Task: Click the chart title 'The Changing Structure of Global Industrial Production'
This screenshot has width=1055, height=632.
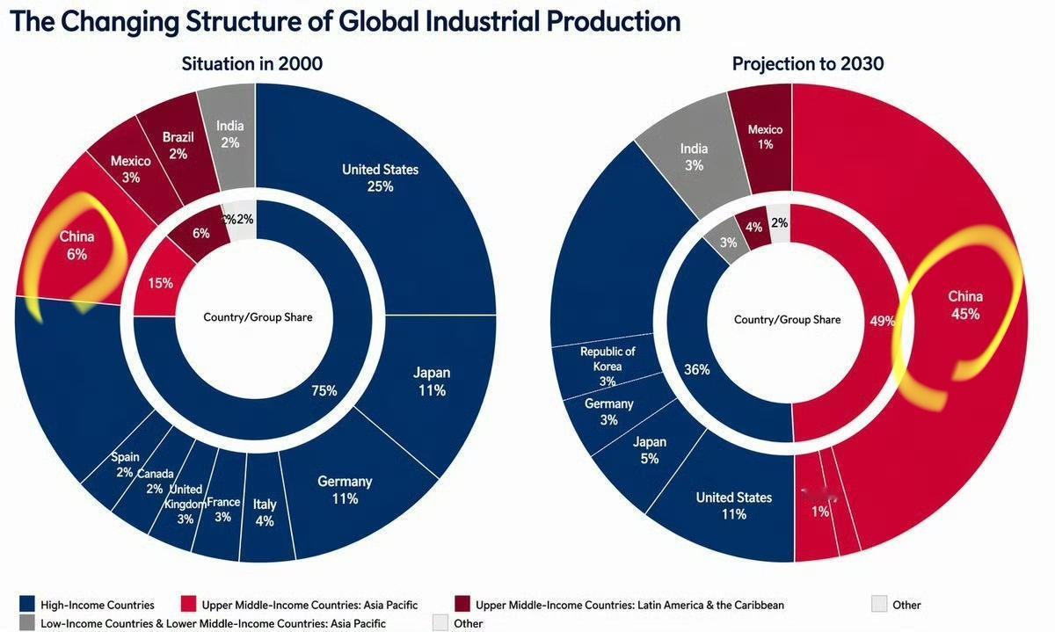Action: click(345, 21)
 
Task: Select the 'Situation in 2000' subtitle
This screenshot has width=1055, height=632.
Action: click(252, 63)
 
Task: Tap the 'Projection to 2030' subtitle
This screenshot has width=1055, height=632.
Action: click(808, 63)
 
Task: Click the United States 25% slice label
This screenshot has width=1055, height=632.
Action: click(380, 178)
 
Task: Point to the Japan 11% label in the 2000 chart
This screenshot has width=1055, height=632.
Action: click(432, 381)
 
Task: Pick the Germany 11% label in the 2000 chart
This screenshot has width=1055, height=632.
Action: click(345, 490)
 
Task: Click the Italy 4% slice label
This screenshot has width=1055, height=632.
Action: click(265, 512)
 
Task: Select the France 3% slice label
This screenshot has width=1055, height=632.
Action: click(223, 510)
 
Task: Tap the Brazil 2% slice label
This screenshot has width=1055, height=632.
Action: click(178, 145)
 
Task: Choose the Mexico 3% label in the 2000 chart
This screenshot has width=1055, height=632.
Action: click(131, 169)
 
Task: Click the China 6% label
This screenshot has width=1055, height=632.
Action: click(77, 245)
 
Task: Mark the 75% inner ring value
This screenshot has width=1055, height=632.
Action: click(324, 390)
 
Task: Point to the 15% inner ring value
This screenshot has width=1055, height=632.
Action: click(161, 283)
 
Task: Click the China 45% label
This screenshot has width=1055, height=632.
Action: click(965, 304)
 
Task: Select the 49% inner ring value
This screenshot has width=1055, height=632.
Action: click(882, 321)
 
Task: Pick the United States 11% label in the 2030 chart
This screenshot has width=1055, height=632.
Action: click(734, 505)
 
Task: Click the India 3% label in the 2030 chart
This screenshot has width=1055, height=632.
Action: click(694, 156)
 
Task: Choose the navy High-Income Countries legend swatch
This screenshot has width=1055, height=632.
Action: click(28, 604)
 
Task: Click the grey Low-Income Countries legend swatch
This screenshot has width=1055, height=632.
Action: click(28, 623)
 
